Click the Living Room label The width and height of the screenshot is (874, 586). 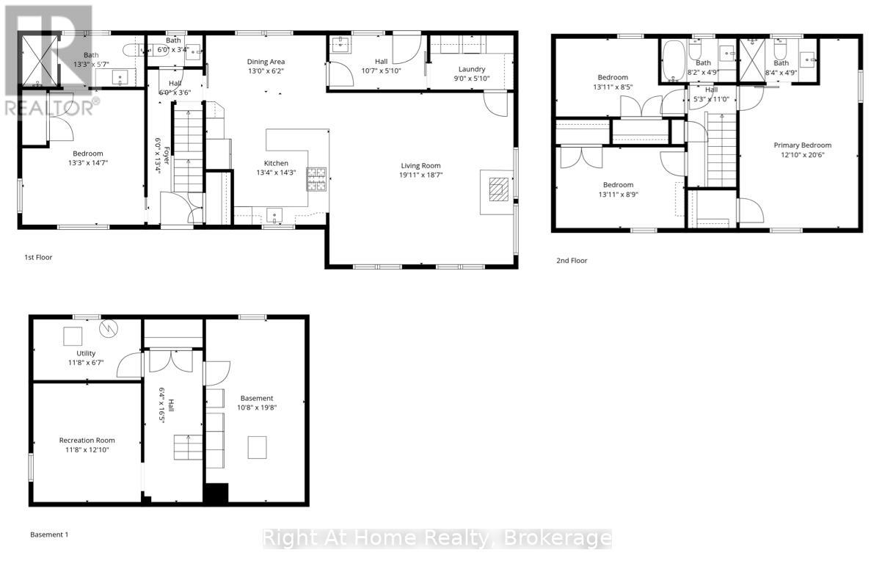click(x=421, y=165)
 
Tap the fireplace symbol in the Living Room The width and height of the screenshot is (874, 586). click(x=498, y=189)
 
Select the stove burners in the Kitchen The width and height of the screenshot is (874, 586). click(x=316, y=179)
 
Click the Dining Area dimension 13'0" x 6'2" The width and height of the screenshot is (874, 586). click(x=266, y=71)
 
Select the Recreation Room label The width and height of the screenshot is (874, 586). click(x=87, y=441)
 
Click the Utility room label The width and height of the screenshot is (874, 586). click(x=86, y=353)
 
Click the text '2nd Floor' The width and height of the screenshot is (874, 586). click(x=572, y=261)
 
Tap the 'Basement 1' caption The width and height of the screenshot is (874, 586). click(x=48, y=535)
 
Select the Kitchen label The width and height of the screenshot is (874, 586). click(x=276, y=163)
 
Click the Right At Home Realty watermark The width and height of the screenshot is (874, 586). click(x=437, y=538)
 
